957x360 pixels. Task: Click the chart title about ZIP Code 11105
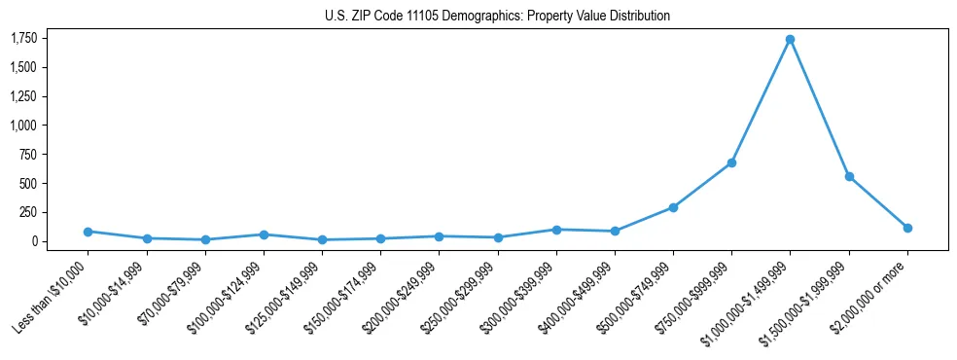(497, 17)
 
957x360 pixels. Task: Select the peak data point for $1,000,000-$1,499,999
(790, 40)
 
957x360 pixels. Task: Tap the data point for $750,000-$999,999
(731, 162)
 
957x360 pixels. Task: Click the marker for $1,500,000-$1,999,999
(849, 177)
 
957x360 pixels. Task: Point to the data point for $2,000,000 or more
(907, 228)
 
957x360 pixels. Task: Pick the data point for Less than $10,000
(88, 232)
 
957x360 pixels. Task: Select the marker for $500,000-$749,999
(673, 207)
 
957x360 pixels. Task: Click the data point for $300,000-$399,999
(556, 230)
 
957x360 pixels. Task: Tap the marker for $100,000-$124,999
(264, 234)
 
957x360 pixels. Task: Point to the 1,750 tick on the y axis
(23, 38)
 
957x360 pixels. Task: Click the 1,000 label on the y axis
(23, 126)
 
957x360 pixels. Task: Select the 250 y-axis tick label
(28, 212)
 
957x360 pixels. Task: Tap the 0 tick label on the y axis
(34, 241)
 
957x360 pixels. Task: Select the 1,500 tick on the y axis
(23, 67)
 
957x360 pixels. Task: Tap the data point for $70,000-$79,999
(205, 239)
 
